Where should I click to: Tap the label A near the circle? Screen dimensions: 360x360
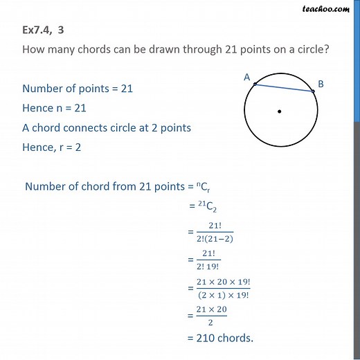click(x=246, y=78)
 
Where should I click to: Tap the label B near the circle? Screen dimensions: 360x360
click(x=321, y=84)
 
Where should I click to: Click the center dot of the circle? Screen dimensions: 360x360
click(x=279, y=111)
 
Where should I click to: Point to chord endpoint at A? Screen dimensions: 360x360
click(x=255, y=84)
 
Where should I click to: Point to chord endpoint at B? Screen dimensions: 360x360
click(x=313, y=91)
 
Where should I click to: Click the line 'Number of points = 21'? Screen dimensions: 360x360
click(x=77, y=89)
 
